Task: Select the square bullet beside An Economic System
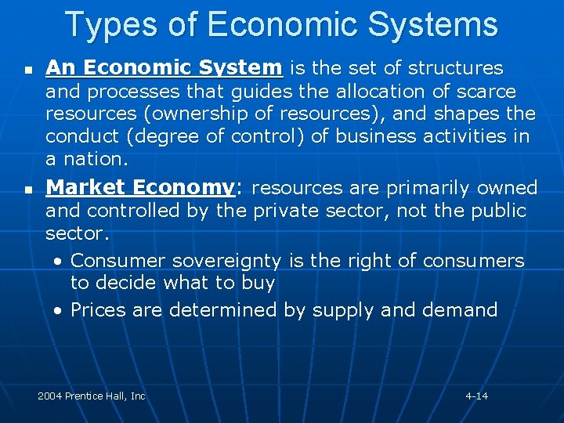[28, 70]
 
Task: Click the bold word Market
[85, 188]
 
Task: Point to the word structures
[453, 68]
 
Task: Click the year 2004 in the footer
[51, 396]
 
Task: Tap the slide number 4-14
[476, 396]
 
